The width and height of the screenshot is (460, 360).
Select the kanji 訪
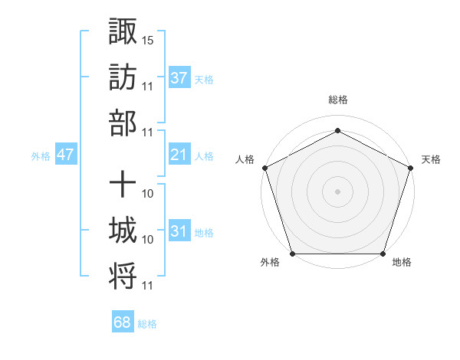click(x=123, y=77)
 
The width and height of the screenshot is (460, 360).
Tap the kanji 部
click(x=123, y=123)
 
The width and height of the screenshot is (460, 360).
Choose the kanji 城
click(x=123, y=230)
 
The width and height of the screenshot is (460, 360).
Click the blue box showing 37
click(x=179, y=77)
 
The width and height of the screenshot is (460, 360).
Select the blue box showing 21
click(x=179, y=155)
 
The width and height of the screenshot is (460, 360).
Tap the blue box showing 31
click(x=179, y=231)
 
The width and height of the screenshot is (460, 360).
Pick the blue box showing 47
click(x=66, y=155)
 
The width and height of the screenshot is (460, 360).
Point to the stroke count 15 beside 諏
click(x=148, y=38)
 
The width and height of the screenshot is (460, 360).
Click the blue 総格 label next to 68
click(x=147, y=324)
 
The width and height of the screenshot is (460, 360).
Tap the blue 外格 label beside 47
click(x=41, y=156)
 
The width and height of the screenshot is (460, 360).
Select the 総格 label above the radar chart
click(x=337, y=100)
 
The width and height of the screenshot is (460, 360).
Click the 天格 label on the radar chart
click(x=431, y=159)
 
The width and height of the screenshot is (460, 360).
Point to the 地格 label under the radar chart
click(x=402, y=263)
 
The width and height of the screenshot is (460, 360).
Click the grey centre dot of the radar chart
click(x=337, y=191)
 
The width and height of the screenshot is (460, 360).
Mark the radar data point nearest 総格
click(x=337, y=130)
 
